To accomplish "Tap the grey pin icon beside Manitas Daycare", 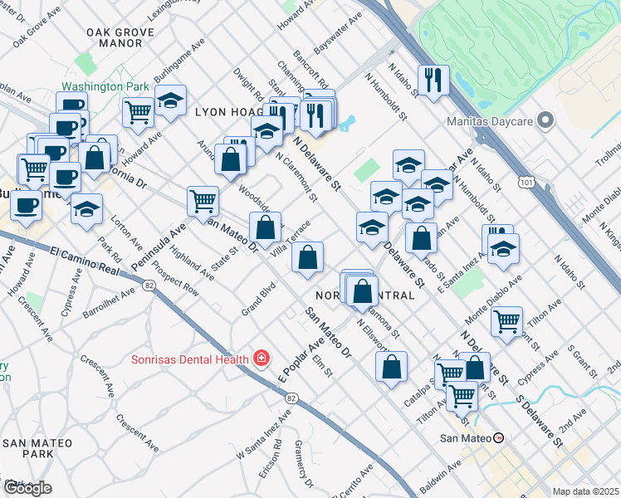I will pos(545,121).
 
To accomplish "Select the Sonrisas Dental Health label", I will pos(191,359).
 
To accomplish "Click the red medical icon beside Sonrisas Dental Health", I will pos(262,359).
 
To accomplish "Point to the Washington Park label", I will pos(104,86).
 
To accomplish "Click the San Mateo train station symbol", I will pos(498,437).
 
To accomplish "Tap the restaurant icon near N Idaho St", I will pos(433,81).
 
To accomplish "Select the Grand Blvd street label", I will pos(258,298).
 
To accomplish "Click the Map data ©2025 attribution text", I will pos(586,491).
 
